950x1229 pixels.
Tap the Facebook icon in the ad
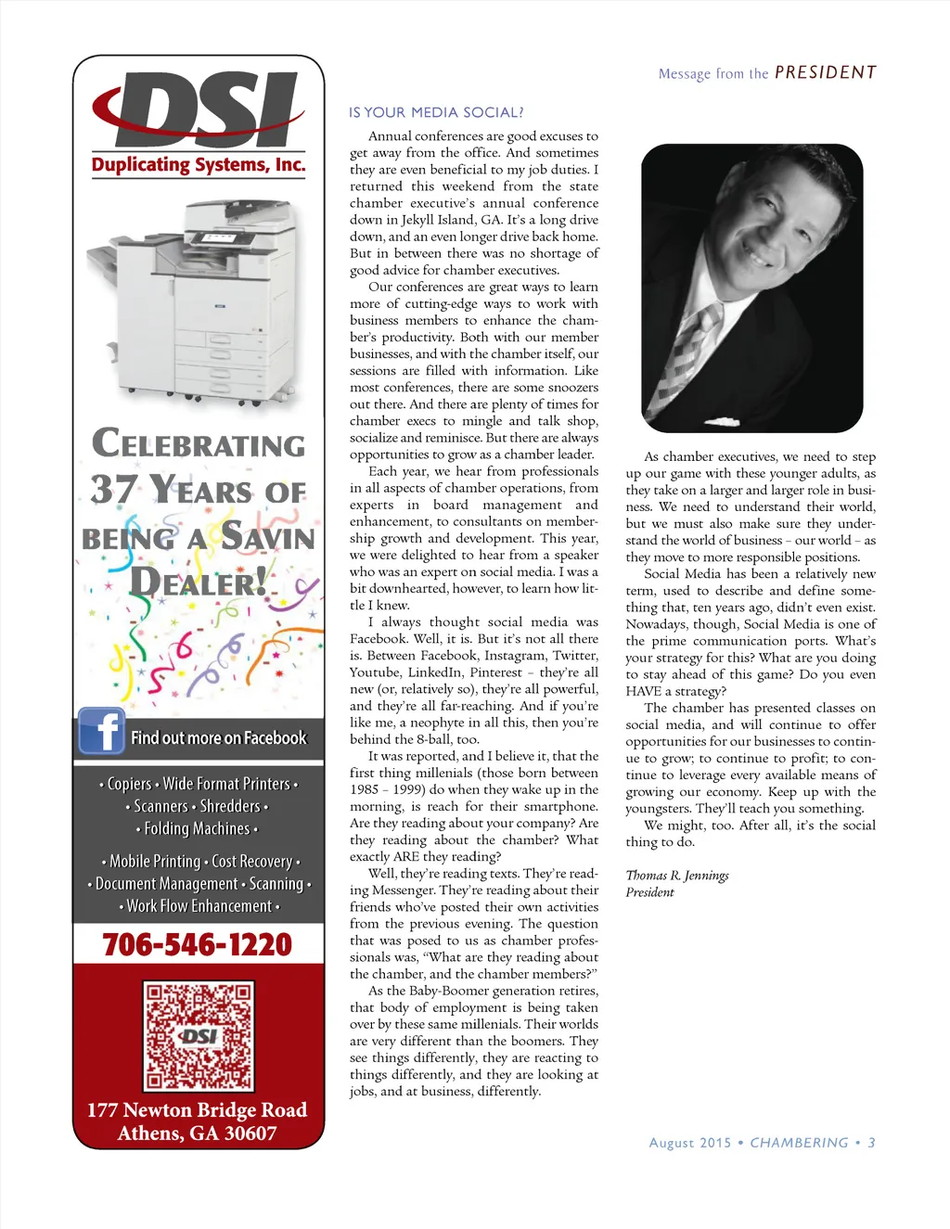click(x=101, y=732)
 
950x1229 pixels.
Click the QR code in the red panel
click(x=199, y=1035)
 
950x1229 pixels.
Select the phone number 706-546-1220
click(x=198, y=944)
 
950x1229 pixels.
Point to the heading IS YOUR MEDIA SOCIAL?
click(x=436, y=113)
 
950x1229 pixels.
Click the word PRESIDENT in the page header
click(x=825, y=72)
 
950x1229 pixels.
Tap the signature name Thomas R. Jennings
click(x=677, y=876)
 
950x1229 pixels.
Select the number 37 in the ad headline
click(x=114, y=489)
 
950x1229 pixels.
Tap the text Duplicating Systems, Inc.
click(x=199, y=165)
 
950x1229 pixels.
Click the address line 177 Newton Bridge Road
click(x=197, y=1110)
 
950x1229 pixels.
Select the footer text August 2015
click(x=690, y=1143)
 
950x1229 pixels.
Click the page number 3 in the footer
click(x=871, y=1143)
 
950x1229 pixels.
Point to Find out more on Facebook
click(x=218, y=738)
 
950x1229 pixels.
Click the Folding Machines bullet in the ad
click(x=197, y=828)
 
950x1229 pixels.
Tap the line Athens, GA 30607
click(x=197, y=1133)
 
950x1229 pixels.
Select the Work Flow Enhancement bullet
click(x=199, y=906)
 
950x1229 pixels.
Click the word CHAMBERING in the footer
click(x=799, y=1143)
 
